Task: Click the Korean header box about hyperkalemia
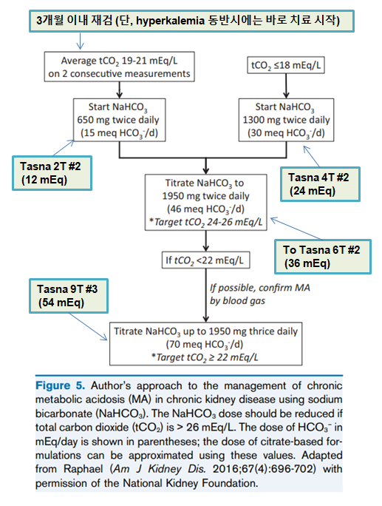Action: click(191, 21)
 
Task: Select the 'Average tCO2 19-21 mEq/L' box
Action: click(119, 67)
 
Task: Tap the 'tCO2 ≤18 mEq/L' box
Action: click(286, 65)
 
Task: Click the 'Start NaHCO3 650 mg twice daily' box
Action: click(119, 120)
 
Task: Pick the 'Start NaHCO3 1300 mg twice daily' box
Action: click(286, 120)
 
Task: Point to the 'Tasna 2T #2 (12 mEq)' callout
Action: click(52, 173)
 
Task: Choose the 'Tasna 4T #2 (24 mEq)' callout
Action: click(320, 184)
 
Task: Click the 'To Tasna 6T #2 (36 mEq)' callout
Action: click(323, 257)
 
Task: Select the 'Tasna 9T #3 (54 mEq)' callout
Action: click(69, 296)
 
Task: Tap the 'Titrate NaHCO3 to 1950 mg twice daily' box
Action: click(206, 203)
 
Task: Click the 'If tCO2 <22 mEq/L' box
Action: click(205, 260)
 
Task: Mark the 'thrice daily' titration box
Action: click(205, 344)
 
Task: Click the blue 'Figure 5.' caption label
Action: click(61, 385)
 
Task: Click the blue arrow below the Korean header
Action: click(80, 41)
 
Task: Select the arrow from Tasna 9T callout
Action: click(89, 326)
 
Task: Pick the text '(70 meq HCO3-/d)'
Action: click(205, 344)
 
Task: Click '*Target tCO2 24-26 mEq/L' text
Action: click(205, 222)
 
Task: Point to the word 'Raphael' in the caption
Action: click(83, 468)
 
